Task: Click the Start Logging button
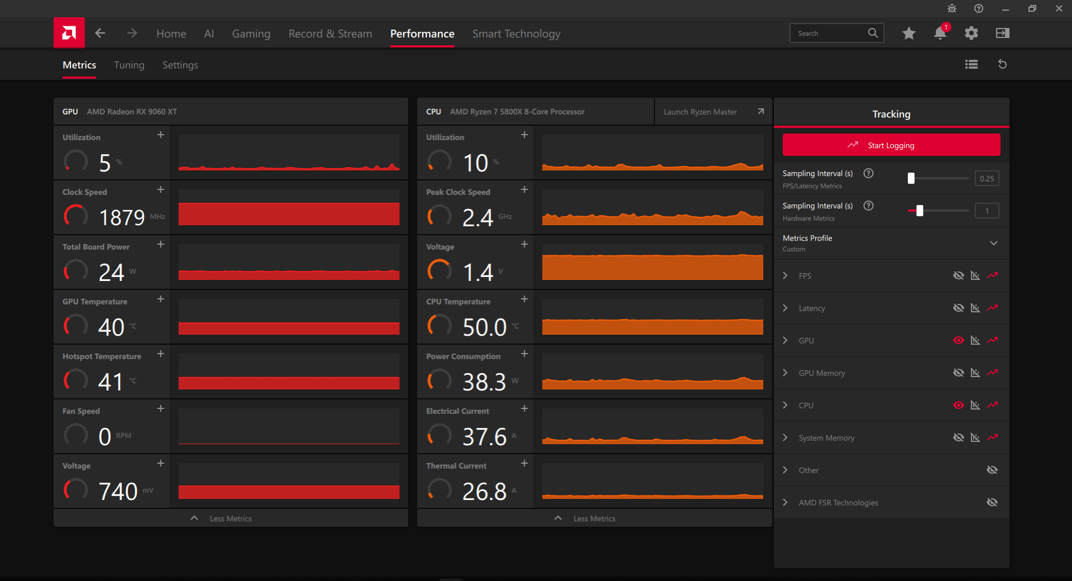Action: point(891,145)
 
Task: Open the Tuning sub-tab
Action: point(129,65)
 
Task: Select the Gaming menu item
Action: point(251,34)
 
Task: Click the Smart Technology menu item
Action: point(516,34)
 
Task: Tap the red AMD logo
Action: point(69,33)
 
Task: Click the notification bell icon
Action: point(940,33)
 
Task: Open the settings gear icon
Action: point(971,33)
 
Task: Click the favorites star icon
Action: point(909,33)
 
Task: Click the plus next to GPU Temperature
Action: point(161,299)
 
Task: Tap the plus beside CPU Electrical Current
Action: point(524,408)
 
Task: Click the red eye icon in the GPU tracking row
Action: point(959,340)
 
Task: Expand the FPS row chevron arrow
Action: point(786,275)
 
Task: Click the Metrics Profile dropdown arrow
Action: point(994,243)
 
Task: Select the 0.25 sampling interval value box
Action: point(987,179)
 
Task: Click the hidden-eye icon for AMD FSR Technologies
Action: point(992,502)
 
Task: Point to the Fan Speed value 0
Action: point(104,436)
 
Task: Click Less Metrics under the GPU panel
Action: point(231,518)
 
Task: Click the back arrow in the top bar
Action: point(100,33)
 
